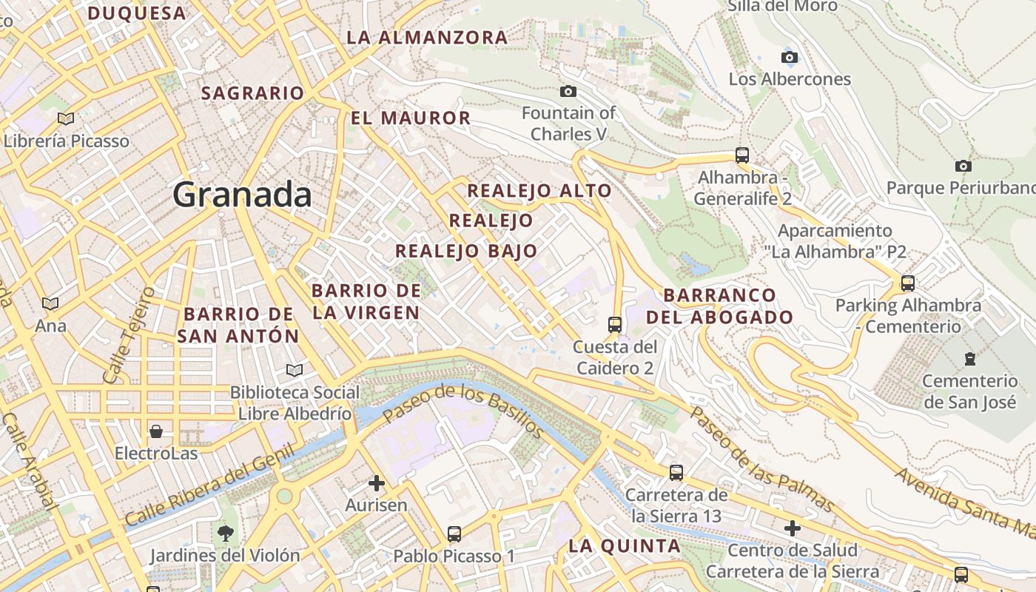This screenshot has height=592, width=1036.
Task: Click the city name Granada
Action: click(x=242, y=195)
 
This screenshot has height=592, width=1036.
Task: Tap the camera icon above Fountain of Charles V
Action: click(x=568, y=91)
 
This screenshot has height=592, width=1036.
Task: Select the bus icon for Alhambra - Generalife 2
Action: click(x=742, y=155)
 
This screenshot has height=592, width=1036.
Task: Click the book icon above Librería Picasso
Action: click(x=66, y=118)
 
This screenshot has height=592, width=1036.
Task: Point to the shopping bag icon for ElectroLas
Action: click(x=156, y=431)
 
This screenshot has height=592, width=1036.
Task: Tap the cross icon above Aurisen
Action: click(x=377, y=484)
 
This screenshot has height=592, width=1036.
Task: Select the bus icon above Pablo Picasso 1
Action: click(x=454, y=534)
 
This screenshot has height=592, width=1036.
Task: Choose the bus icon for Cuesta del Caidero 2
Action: click(x=614, y=324)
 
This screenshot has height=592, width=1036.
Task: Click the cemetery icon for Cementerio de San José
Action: click(x=969, y=359)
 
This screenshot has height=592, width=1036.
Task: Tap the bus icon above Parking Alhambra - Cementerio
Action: click(x=908, y=283)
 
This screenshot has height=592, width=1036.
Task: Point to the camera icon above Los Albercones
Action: click(x=790, y=57)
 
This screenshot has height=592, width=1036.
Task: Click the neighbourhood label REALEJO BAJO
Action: click(x=466, y=251)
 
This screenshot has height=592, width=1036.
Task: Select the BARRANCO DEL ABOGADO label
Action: click(x=720, y=306)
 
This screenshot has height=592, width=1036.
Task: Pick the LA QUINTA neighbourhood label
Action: click(x=624, y=546)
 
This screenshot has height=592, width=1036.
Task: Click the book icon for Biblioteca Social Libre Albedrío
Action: click(x=295, y=370)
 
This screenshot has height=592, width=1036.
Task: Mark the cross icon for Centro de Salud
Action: click(x=793, y=528)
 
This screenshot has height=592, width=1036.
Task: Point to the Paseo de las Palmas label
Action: click(x=761, y=459)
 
